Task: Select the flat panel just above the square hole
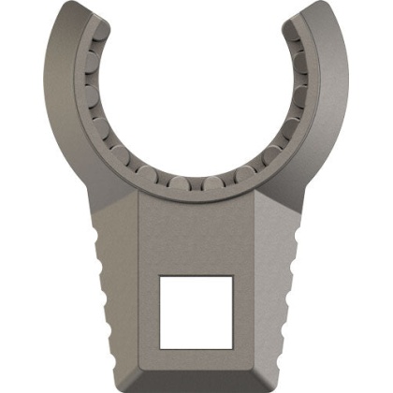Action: tap(196, 234)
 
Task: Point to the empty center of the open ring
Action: tap(196, 94)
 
